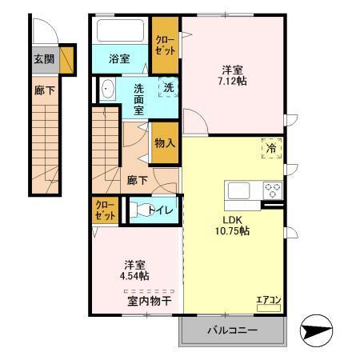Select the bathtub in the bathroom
coord(120,33)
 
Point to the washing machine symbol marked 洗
coord(169,87)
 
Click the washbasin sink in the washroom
coord(108,90)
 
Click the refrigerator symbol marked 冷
coord(271,147)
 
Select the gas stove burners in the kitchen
coord(274,190)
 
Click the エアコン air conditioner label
coord(267,301)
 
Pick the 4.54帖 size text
coord(133,276)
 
